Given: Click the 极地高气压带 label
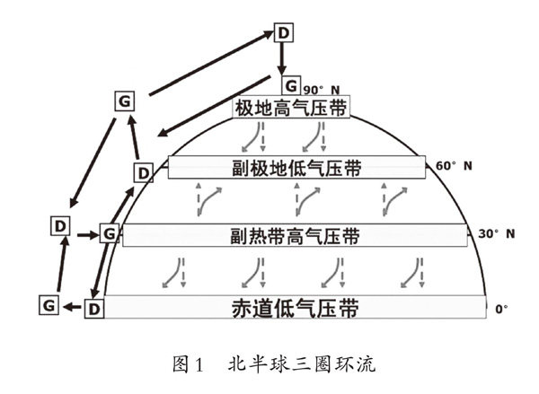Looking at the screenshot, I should (289, 108).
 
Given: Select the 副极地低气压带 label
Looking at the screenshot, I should (296, 168).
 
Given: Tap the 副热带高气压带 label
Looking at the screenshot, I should (296, 237).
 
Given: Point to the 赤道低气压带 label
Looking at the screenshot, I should (296, 309).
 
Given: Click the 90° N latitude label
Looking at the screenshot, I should (321, 90).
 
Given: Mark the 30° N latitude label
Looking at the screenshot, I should (496, 234).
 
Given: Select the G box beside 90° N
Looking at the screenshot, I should (291, 85).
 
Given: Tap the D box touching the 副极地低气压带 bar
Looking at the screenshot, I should (143, 171).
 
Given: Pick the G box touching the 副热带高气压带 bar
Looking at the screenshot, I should (109, 234).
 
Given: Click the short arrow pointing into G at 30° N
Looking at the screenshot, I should (85, 234).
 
